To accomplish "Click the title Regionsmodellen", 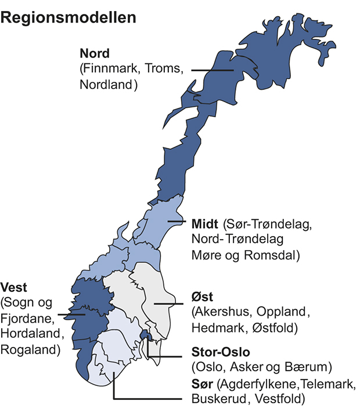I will pos(69,17).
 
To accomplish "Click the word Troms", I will pos(164,70).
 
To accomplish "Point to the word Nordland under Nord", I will pos(105,85).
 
